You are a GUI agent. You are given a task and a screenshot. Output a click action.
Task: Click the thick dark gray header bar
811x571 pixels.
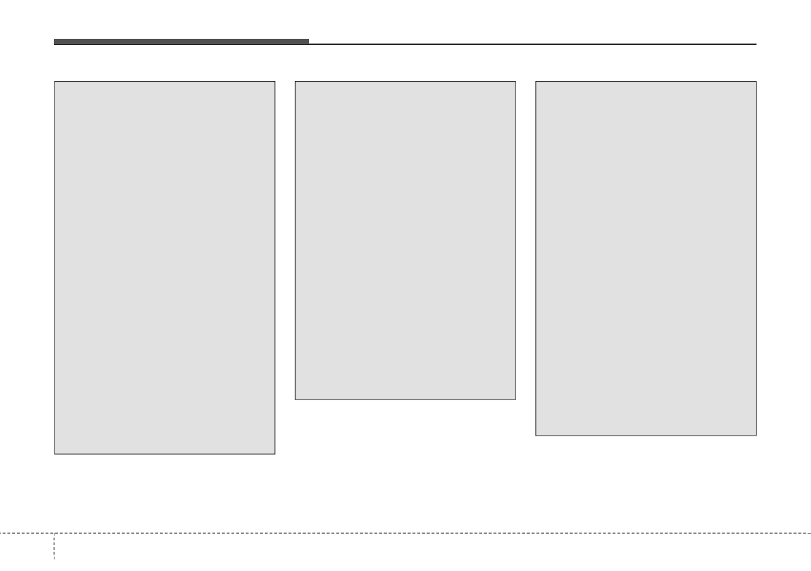181,42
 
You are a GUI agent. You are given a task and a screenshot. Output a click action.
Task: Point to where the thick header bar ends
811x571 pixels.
308,42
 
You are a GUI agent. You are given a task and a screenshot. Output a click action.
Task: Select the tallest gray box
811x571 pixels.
165,267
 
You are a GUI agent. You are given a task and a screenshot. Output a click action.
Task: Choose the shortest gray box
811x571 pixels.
405,240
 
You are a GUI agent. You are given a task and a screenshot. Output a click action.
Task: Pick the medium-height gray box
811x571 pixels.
646,259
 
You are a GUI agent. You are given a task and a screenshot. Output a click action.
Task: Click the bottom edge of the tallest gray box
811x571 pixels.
165,453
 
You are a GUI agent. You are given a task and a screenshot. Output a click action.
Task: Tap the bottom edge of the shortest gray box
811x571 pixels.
405,399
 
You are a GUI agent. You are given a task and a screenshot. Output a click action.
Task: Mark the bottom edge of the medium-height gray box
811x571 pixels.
646,435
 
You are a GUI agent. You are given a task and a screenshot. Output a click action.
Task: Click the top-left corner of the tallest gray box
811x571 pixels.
54,82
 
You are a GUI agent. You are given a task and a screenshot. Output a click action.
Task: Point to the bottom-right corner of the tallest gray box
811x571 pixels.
274,453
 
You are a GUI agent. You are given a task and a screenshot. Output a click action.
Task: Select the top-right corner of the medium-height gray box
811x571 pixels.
756,82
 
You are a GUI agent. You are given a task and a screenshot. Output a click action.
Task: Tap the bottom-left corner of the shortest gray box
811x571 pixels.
295,399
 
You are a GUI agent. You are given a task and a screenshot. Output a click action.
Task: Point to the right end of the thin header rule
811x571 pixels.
756,44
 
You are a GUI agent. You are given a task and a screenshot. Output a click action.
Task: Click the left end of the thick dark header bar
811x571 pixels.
54,42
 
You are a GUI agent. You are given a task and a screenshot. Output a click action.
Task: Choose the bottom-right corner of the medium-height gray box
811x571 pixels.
756,435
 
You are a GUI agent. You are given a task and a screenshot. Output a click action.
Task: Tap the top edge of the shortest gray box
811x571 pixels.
405,82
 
